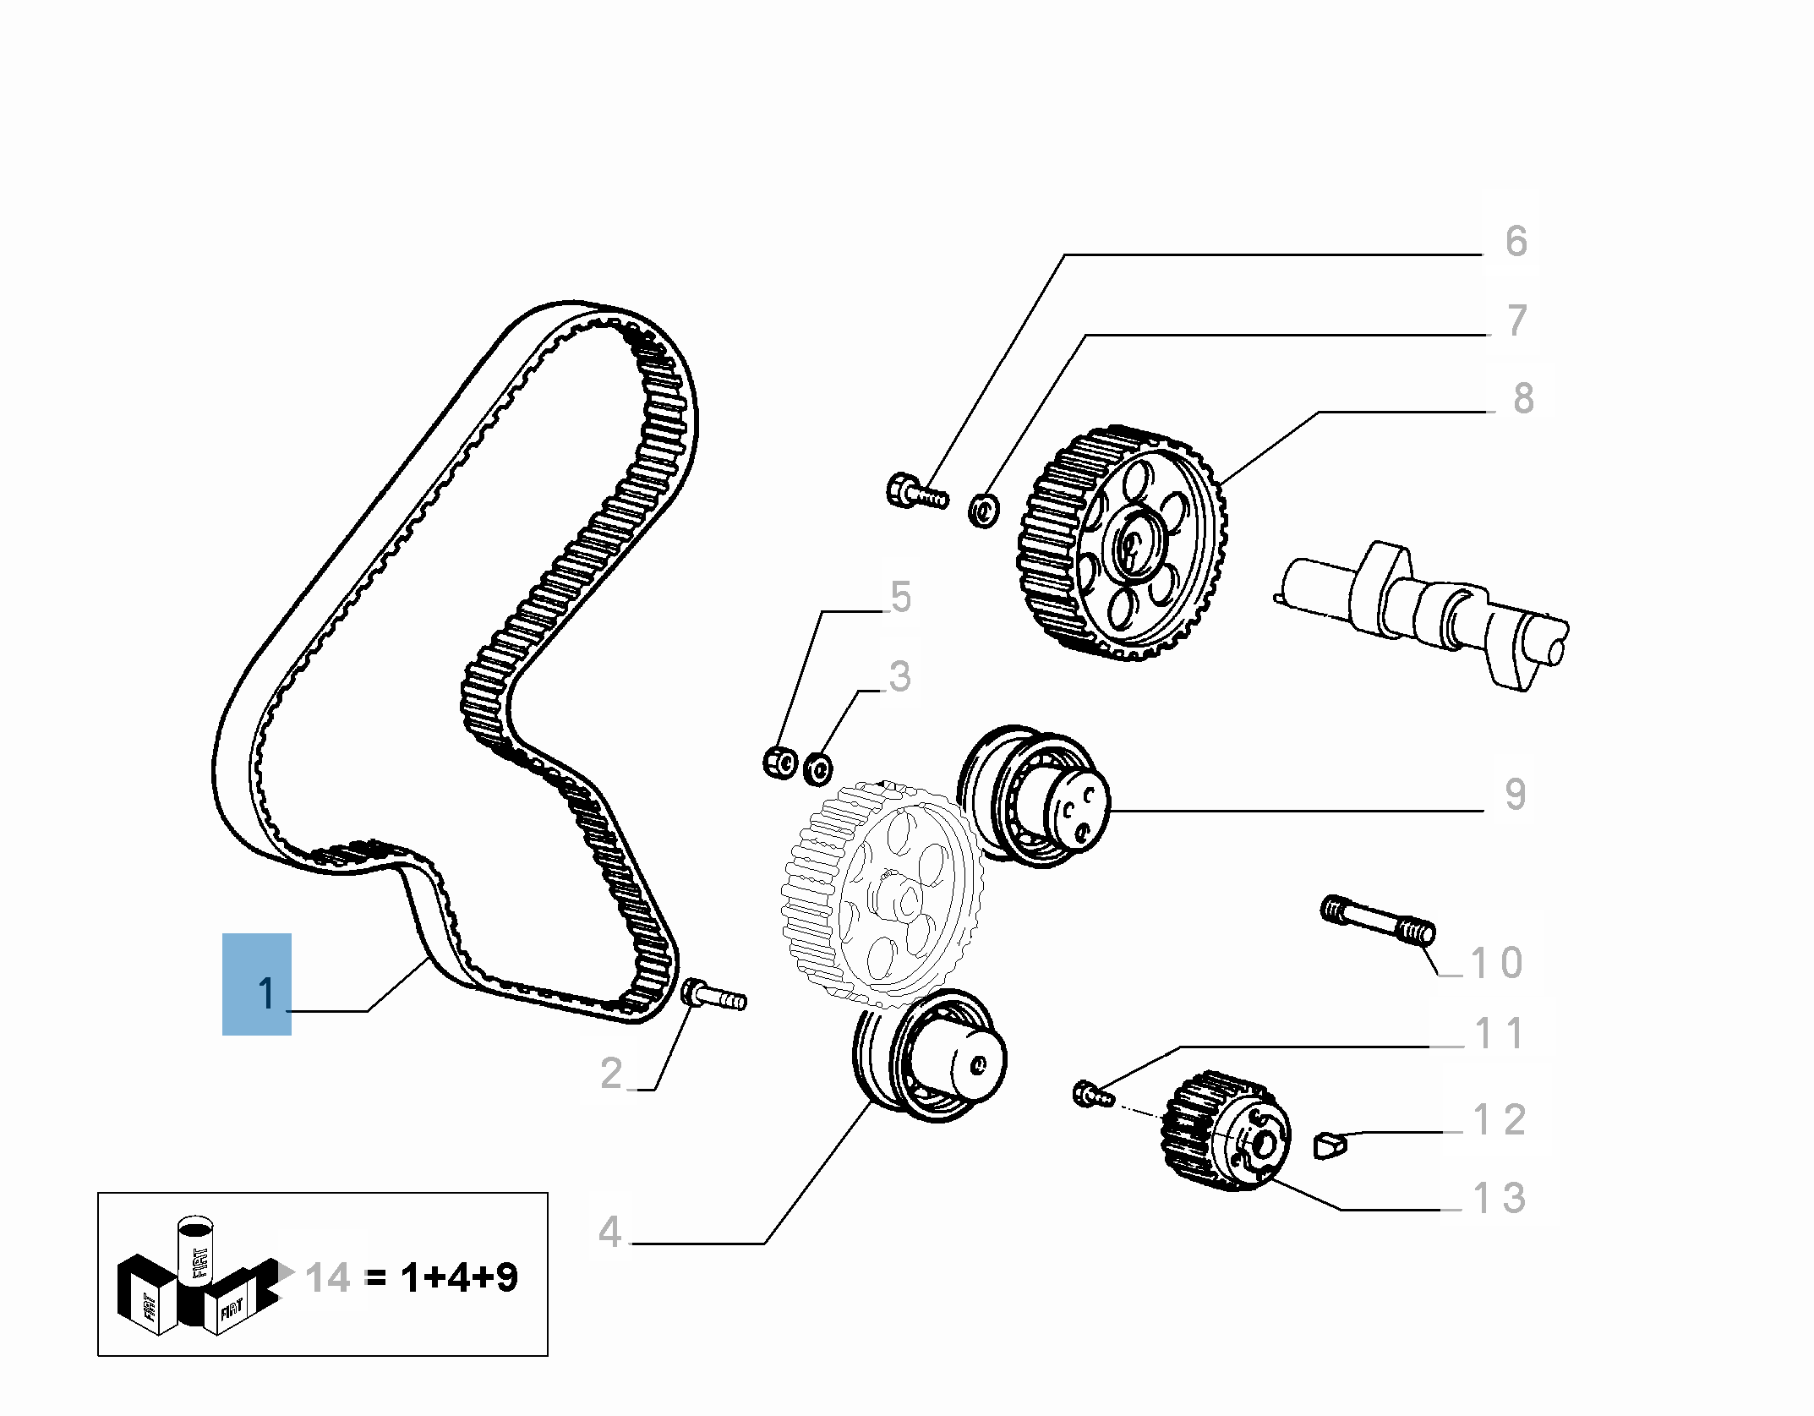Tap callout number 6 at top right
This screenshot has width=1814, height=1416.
point(1516,242)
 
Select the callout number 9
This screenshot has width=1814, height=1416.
point(1515,794)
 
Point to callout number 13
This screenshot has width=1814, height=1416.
point(1499,1198)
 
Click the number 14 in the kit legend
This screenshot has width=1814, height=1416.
point(328,1277)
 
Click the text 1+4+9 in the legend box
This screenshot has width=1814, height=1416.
point(459,1277)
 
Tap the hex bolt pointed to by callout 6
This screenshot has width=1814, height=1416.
point(915,491)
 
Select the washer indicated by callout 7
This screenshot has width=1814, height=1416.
point(983,511)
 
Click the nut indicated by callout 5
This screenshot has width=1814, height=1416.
point(779,763)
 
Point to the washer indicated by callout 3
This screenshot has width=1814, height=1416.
point(817,768)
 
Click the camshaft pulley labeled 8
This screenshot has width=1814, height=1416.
point(1122,544)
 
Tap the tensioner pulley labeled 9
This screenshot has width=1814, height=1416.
point(1035,796)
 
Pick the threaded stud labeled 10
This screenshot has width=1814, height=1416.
point(1378,920)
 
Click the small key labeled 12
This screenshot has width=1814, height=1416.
point(1329,1145)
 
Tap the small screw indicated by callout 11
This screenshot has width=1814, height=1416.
point(1091,1094)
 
